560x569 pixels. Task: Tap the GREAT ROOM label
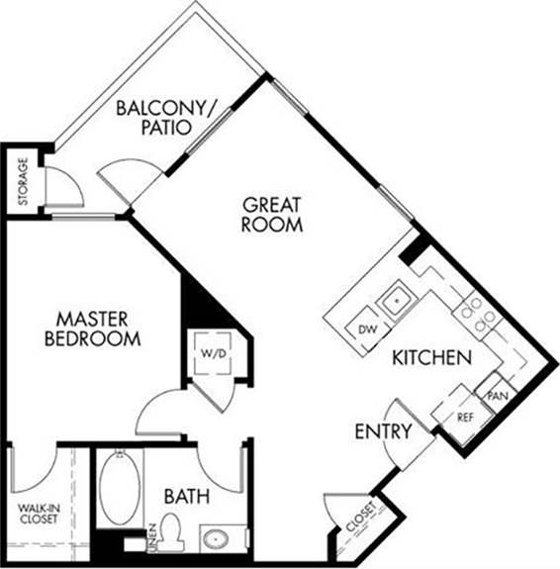click(x=273, y=215)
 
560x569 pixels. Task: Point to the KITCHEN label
click(x=430, y=358)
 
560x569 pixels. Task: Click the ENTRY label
click(x=382, y=431)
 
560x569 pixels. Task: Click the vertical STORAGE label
click(x=23, y=183)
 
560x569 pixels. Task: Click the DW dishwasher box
click(x=367, y=329)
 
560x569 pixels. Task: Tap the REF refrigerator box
click(x=465, y=416)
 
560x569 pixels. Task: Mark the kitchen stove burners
click(x=478, y=313)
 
